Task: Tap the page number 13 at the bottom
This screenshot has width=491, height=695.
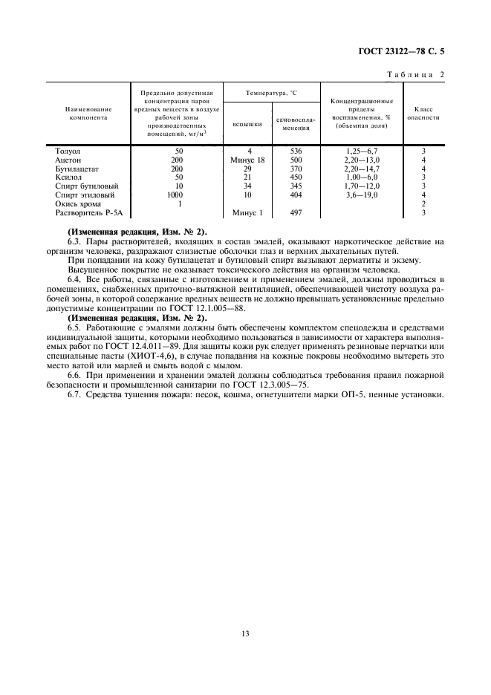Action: pyautogui.click(x=244, y=633)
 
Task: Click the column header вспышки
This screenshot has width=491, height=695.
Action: pyautogui.click(x=247, y=124)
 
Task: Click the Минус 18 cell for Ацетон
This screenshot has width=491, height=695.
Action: pyautogui.click(x=248, y=160)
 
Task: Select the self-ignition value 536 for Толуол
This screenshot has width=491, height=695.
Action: pyautogui.click(x=296, y=151)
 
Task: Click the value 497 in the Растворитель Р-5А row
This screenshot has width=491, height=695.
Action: pyautogui.click(x=296, y=213)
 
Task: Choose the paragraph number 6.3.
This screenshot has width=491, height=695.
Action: pyautogui.click(x=74, y=241)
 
